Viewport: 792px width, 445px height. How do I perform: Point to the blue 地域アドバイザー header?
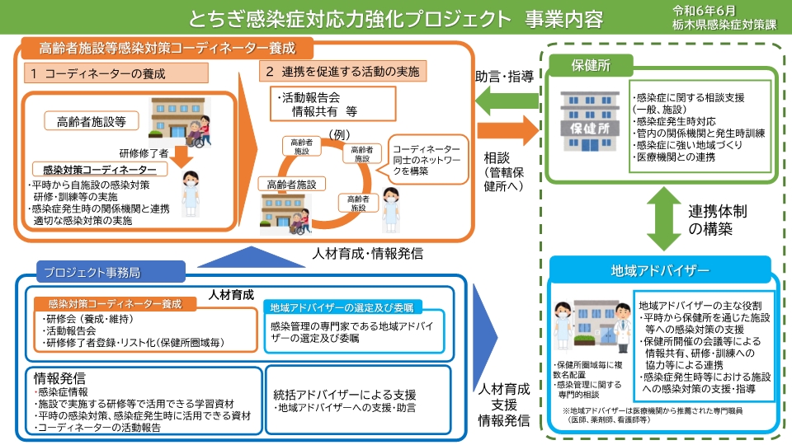pos(660,269)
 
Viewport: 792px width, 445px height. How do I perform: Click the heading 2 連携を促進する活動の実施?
pos(342,72)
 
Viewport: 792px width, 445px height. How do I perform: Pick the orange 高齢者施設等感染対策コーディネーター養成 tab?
pos(166,48)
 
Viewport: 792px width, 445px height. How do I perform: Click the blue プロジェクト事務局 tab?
pos(98,271)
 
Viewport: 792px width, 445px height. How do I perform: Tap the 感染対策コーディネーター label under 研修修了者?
pos(99,168)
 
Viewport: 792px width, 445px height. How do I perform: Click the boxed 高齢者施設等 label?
pos(91,121)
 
